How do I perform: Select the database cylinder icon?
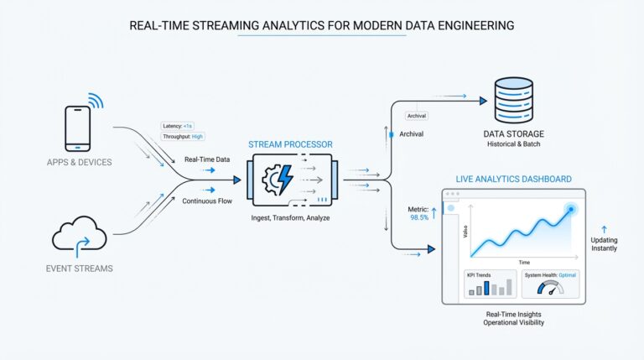pyautogui.click(x=513, y=102)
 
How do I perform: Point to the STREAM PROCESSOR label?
pyautogui.click(x=290, y=144)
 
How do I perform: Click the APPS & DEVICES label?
pyautogui.click(x=80, y=161)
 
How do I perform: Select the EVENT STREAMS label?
pyautogui.click(x=80, y=268)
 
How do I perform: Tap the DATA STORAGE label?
pyautogui.click(x=514, y=134)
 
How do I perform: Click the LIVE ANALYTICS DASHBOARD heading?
pyautogui.click(x=513, y=179)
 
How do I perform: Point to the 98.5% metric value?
pyautogui.click(x=418, y=217)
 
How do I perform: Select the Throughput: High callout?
pyautogui.click(x=184, y=136)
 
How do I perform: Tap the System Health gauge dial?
pyautogui.click(x=551, y=288)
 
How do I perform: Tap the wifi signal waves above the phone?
pyautogui.click(x=96, y=102)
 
